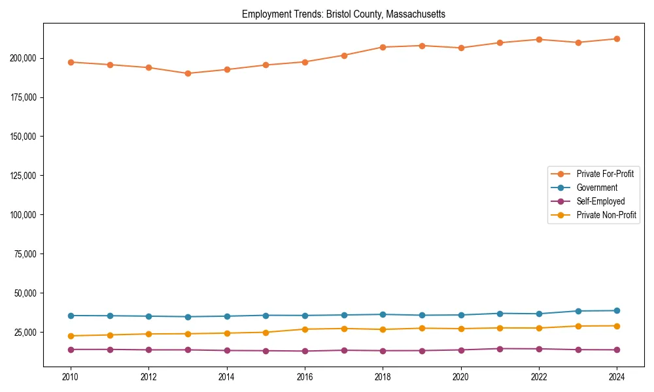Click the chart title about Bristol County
(x=343, y=14)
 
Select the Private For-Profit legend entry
(x=605, y=174)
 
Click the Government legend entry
(x=596, y=188)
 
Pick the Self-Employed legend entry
(x=600, y=201)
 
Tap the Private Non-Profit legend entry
(x=606, y=215)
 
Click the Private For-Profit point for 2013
(x=188, y=73)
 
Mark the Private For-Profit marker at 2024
(x=617, y=39)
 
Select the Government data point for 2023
(x=578, y=311)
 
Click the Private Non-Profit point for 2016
(x=305, y=329)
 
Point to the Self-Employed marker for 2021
(x=500, y=349)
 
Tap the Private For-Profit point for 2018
(x=383, y=47)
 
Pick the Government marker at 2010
(x=71, y=316)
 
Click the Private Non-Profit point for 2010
(x=71, y=336)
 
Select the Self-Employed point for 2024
(x=617, y=350)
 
